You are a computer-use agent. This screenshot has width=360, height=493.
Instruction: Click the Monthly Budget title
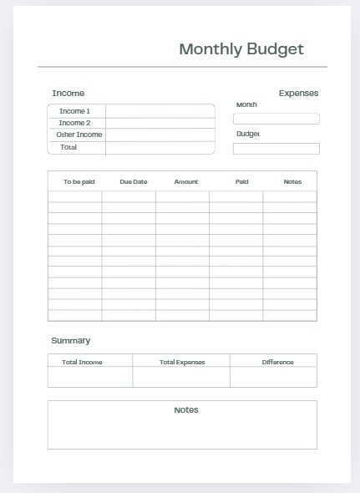tap(241, 49)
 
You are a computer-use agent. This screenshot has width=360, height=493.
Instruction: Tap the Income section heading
tap(68, 94)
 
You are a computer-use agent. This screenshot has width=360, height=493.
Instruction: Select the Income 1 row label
tap(75, 111)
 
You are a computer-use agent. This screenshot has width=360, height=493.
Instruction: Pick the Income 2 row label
tap(74, 123)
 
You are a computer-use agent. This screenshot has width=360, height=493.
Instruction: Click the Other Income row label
tap(79, 135)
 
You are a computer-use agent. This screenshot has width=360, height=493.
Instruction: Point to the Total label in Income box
tap(68, 147)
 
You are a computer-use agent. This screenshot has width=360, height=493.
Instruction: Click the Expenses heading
tap(298, 94)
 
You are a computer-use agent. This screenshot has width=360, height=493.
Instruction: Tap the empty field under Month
tap(276, 119)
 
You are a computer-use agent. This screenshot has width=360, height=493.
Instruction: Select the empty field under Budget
tap(276, 149)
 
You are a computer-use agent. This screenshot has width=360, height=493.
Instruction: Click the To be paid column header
tap(79, 181)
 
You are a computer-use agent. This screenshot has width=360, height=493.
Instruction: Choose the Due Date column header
tap(134, 181)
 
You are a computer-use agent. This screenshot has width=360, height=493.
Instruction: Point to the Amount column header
tap(186, 181)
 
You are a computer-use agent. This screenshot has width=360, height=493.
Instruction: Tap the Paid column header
tap(241, 181)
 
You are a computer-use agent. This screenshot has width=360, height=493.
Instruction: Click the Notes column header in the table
tap(292, 181)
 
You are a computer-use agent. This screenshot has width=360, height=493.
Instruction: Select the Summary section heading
tap(71, 341)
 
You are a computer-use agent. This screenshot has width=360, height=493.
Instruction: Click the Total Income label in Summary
tap(82, 363)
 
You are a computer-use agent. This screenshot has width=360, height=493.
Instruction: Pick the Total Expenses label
tap(182, 363)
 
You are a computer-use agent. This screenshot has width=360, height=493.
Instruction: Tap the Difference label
tap(277, 363)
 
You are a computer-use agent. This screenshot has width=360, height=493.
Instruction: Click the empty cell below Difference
tap(274, 377)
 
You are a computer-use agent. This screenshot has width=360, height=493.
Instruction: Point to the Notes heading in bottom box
tap(186, 410)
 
